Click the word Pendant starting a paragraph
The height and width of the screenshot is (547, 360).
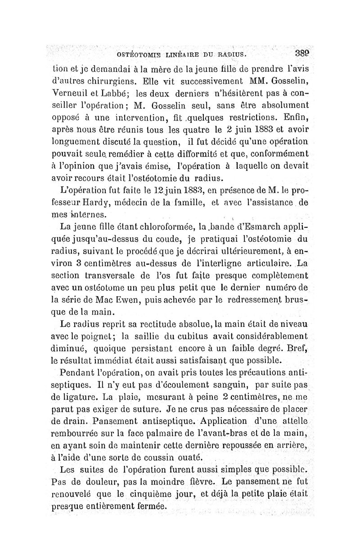[x=78, y=372]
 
